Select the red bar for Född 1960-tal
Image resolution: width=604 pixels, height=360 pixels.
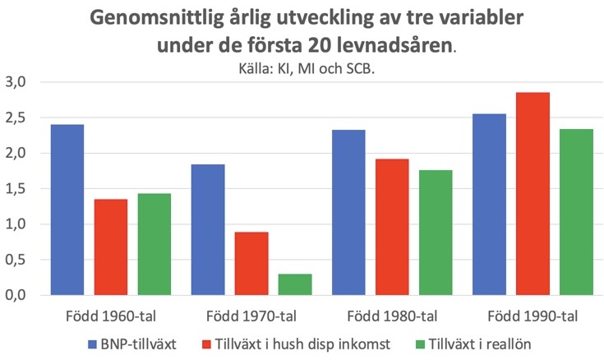pyautogui.click(x=110, y=247)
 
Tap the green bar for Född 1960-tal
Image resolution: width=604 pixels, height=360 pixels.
pyautogui.click(x=154, y=244)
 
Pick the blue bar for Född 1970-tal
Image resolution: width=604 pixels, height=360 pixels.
pyautogui.click(x=208, y=229)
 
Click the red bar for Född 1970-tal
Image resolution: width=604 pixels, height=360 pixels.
pyautogui.click(x=251, y=263)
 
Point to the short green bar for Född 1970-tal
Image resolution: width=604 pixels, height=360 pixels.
pyautogui.click(x=295, y=284)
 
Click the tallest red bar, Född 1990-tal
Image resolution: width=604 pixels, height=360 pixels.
pyautogui.click(x=533, y=193)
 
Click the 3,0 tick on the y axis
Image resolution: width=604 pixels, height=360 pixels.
pyautogui.click(x=17, y=82)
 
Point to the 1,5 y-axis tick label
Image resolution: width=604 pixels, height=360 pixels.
pyautogui.click(x=17, y=188)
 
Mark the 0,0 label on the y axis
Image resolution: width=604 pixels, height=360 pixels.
pyautogui.click(x=17, y=295)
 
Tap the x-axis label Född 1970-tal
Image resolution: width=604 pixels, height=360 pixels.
pyautogui.click(x=251, y=316)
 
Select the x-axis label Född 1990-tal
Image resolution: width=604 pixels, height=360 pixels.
pyautogui.click(x=533, y=316)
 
